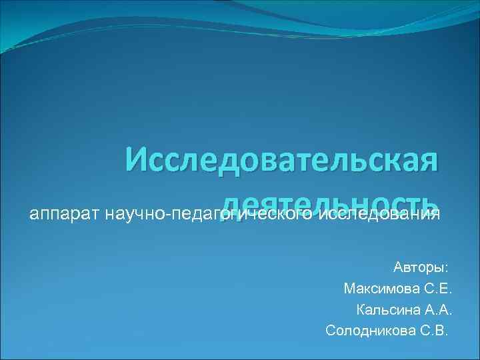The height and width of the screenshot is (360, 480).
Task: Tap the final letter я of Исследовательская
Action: click(429, 162)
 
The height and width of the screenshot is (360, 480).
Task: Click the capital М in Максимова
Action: click(349, 289)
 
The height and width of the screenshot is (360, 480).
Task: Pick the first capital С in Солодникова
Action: click(331, 331)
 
